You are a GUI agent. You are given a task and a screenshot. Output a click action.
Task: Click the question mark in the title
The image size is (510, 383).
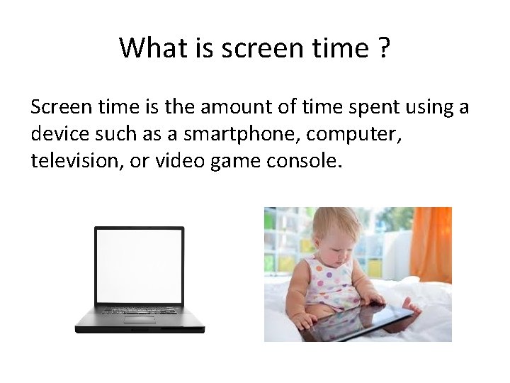[x=385, y=48]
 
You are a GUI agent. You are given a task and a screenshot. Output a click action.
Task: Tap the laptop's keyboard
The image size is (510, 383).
[x=140, y=311]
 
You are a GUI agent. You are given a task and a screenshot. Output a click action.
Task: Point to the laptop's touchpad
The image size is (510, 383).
[x=140, y=319]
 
